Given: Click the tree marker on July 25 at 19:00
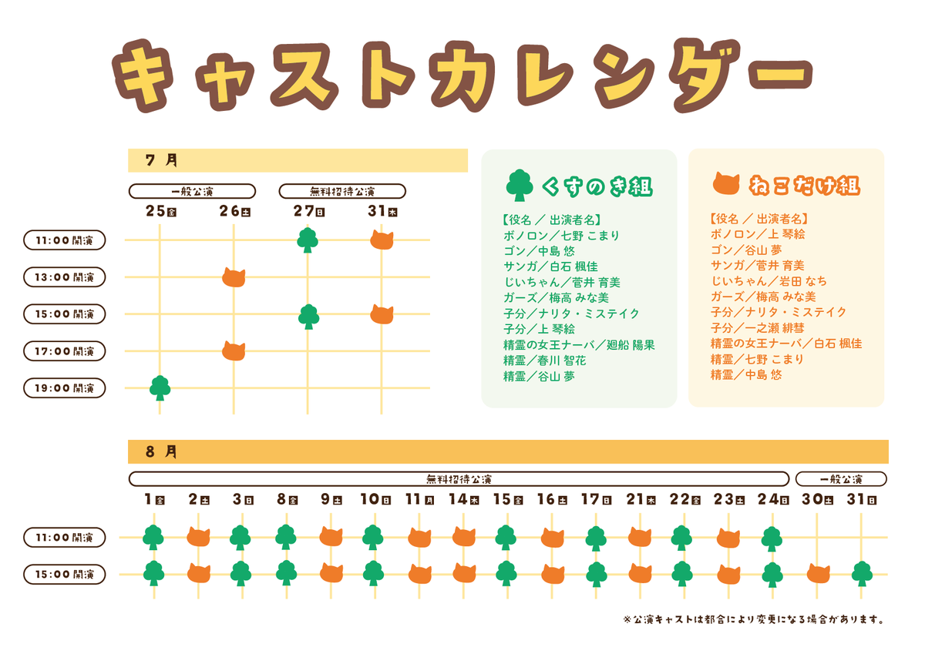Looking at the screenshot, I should pyautogui.click(x=160, y=387).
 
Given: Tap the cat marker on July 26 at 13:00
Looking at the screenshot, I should pyautogui.click(x=234, y=277).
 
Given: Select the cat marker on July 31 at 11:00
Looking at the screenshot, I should pyautogui.click(x=382, y=240).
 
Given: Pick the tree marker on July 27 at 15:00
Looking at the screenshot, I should pyautogui.click(x=308, y=316).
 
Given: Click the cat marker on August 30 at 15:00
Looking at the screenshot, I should pyautogui.click(x=819, y=573).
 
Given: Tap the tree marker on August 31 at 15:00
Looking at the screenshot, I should pyautogui.click(x=862, y=574).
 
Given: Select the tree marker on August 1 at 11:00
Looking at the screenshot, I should pyautogui.click(x=153, y=536).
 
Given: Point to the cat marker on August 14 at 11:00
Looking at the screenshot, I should pyautogui.click(x=464, y=536).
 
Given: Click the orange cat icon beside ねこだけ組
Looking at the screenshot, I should pyautogui.click(x=726, y=185).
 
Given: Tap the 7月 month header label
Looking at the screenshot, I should pyautogui.click(x=161, y=160).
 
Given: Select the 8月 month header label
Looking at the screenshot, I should pyautogui.click(x=161, y=451).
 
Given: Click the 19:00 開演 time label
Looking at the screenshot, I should pyautogui.click(x=65, y=388).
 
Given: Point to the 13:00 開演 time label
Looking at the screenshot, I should pyautogui.click(x=65, y=277).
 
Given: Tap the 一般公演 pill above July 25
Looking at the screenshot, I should pyautogui.click(x=192, y=191).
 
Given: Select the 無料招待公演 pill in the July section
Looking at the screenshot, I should pyautogui.click(x=342, y=191).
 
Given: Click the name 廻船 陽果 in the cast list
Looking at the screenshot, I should pyautogui.click(x=631, y=345).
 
